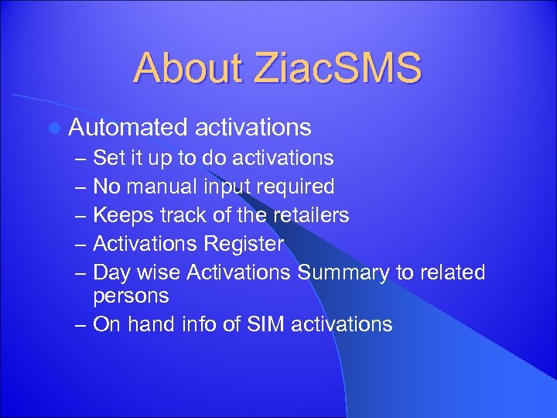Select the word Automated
point(128,127)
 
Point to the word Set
point(107,159)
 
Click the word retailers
point(307,215)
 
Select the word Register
point(244,245)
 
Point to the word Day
point(111,273)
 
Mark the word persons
point(131,296)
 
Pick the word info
point(203,324)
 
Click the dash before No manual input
point(81,187)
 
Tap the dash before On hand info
point(81,324)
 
